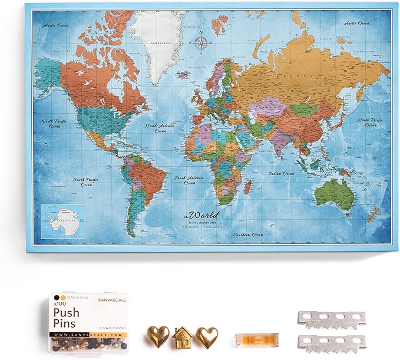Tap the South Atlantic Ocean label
(187, 180)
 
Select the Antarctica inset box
(62, 220)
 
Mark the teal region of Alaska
(48, 73)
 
